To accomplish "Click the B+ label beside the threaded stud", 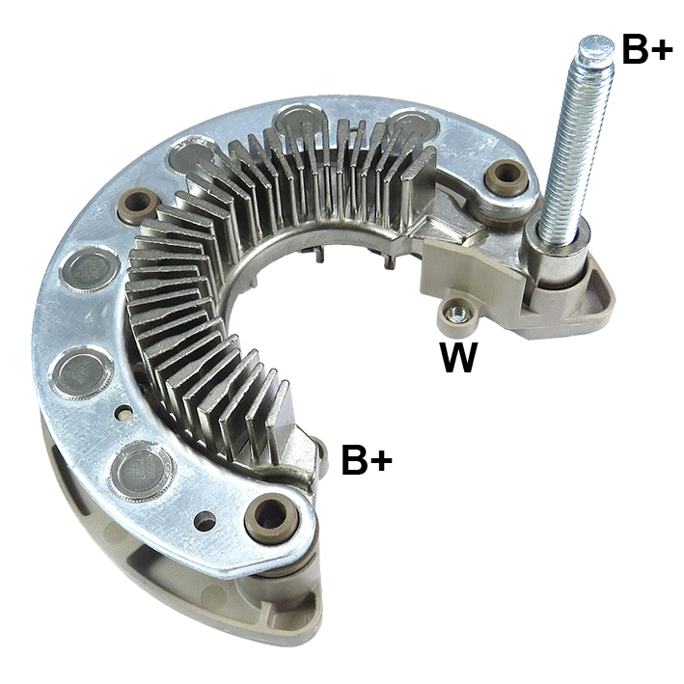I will click(646, 50).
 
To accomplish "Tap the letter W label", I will click(458, 358).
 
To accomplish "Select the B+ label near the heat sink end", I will click(368, 461).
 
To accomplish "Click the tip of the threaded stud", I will click(595, 46).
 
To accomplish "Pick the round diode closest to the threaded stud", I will click(413, 127).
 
